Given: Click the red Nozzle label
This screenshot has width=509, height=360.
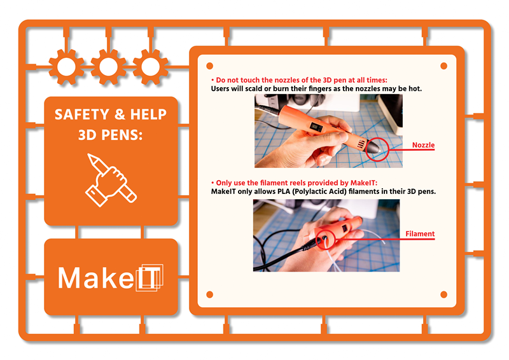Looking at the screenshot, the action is point(423,145).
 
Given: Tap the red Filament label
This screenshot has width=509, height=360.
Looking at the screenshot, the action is point(420,233).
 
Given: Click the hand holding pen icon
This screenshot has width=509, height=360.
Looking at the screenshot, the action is point(111,181).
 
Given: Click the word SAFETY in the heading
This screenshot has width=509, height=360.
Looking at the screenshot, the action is point(82,114).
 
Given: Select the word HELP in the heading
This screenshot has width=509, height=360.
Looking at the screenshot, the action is point(148,114).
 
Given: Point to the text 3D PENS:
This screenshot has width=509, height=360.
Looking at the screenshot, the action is point(110,135).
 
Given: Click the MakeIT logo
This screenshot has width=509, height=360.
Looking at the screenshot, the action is point(110,277).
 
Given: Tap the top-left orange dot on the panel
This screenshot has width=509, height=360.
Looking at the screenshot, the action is point(210,66).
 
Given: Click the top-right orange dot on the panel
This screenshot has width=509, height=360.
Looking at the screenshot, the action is point(443,66).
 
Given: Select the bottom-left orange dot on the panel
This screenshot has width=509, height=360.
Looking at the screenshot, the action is point(210,294).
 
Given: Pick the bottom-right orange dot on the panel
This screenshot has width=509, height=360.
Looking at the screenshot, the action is point(443,294).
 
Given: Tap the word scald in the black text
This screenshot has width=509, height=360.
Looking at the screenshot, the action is point(253,88).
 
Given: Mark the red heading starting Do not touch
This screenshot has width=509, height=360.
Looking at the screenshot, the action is point(299,80).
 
